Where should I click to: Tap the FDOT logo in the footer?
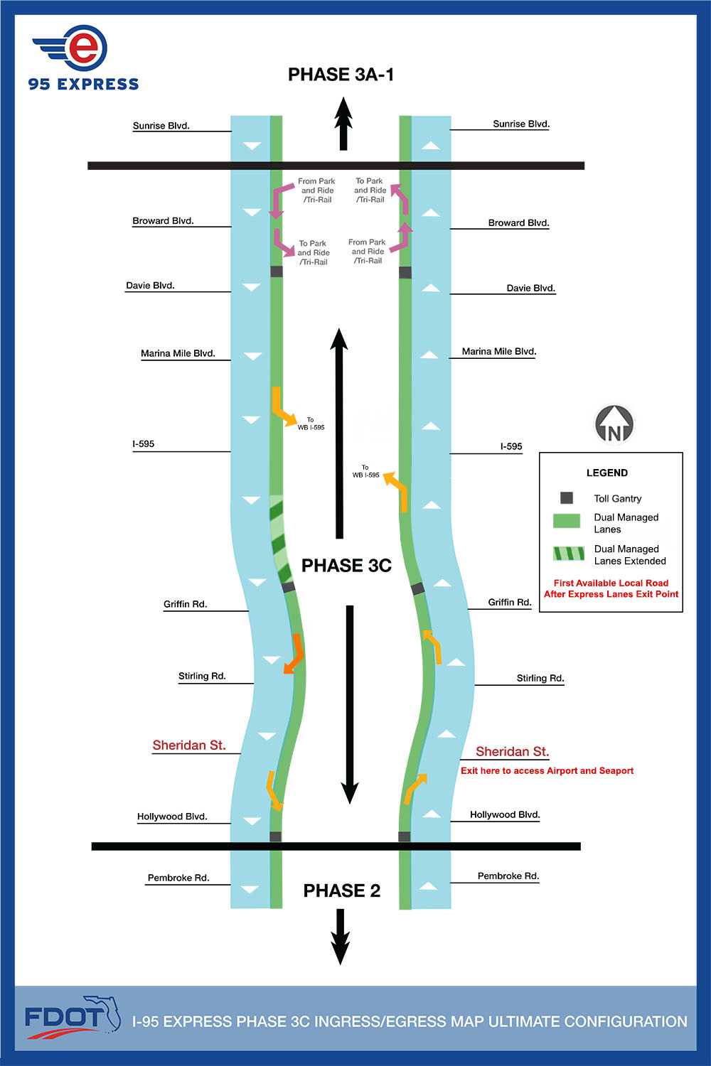(72, 1018)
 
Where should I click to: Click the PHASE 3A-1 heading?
(341, 75)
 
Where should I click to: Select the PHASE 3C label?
(346, 566)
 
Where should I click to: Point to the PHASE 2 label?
(341, 890)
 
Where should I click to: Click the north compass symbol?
(614, 424)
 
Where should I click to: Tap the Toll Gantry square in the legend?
(567, 498)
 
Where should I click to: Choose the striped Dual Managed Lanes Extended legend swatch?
(568, 554)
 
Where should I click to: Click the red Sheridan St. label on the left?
(189, 745)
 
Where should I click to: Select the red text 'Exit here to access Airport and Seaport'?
(547, 770)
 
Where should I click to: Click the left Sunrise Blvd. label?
(161, 126)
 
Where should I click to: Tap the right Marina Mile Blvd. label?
(499, 351)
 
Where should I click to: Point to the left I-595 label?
(143, 443)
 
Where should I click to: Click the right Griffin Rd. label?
(510, 602)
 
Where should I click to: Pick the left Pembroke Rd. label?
(178, 878)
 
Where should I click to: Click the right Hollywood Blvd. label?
(505, 814)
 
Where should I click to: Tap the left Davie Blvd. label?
(150, 286)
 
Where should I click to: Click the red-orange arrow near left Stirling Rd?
(294, 654)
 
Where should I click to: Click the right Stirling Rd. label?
(540, 678)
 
